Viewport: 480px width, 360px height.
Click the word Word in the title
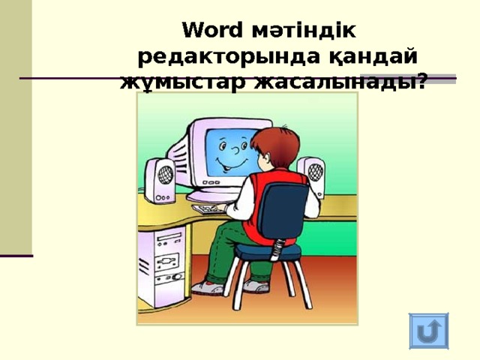pos(211,31)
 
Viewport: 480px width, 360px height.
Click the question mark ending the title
pos(424,81)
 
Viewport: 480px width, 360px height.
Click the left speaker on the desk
pos(160,179)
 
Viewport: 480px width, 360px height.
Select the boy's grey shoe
pos(206,287)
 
